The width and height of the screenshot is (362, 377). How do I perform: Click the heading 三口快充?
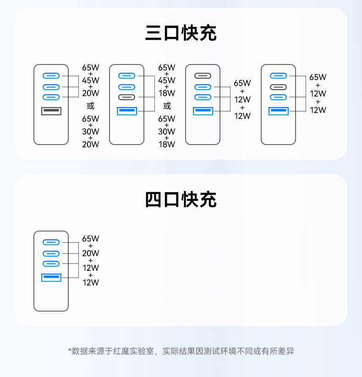(181, 33)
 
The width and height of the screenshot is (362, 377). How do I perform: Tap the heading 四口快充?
(181, 200)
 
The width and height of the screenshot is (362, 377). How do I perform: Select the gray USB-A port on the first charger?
(51, 111)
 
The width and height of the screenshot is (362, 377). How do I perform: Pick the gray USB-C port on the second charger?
(126, 97)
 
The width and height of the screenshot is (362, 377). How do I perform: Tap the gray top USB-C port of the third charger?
(202, 76)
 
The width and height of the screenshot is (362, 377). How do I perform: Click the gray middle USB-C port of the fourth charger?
(278, 87)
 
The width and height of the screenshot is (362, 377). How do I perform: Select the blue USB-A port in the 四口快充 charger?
(51, 277)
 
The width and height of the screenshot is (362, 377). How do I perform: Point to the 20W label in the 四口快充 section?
(90, 253)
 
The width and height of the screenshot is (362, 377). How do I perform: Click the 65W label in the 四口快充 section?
(90, 238)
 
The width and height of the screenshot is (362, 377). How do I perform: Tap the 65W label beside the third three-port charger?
(242, 83)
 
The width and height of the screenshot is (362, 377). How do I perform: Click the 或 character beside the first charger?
(90, 106)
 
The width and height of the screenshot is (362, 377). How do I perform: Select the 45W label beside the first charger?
(90, 80)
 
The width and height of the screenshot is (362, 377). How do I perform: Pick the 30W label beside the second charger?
(166, 131)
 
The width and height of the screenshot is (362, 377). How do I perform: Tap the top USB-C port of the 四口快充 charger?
(51, 242)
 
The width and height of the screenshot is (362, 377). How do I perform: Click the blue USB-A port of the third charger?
(202, 111)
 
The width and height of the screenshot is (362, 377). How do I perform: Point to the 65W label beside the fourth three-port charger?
(318, 77)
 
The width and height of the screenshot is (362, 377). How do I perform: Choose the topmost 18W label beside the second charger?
(166, 93)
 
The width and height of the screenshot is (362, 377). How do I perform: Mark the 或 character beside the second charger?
(167, 106)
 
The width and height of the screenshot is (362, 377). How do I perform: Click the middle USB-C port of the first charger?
(51, 87)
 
